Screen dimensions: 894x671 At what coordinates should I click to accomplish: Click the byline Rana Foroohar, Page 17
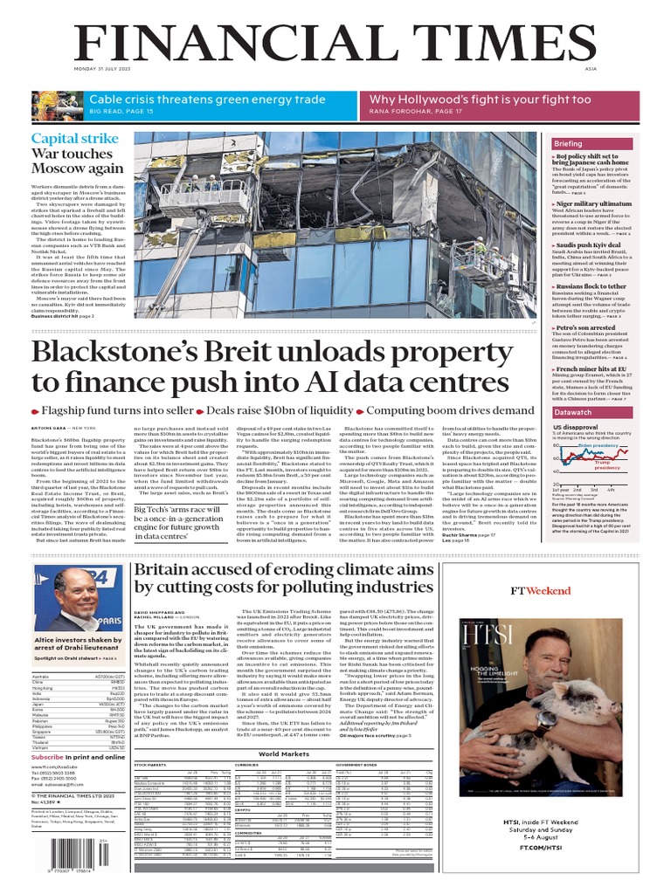(416, 112)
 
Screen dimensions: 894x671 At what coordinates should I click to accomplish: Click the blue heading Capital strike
(75, 139)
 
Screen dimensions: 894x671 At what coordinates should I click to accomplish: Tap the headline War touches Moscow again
(78, 162)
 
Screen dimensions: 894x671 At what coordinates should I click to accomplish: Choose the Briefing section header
(568, 143)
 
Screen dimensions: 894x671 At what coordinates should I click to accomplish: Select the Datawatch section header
(572, 411)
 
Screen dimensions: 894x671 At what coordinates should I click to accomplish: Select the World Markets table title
(284, 753)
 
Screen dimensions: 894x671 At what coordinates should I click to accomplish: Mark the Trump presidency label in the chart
(607, 464)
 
